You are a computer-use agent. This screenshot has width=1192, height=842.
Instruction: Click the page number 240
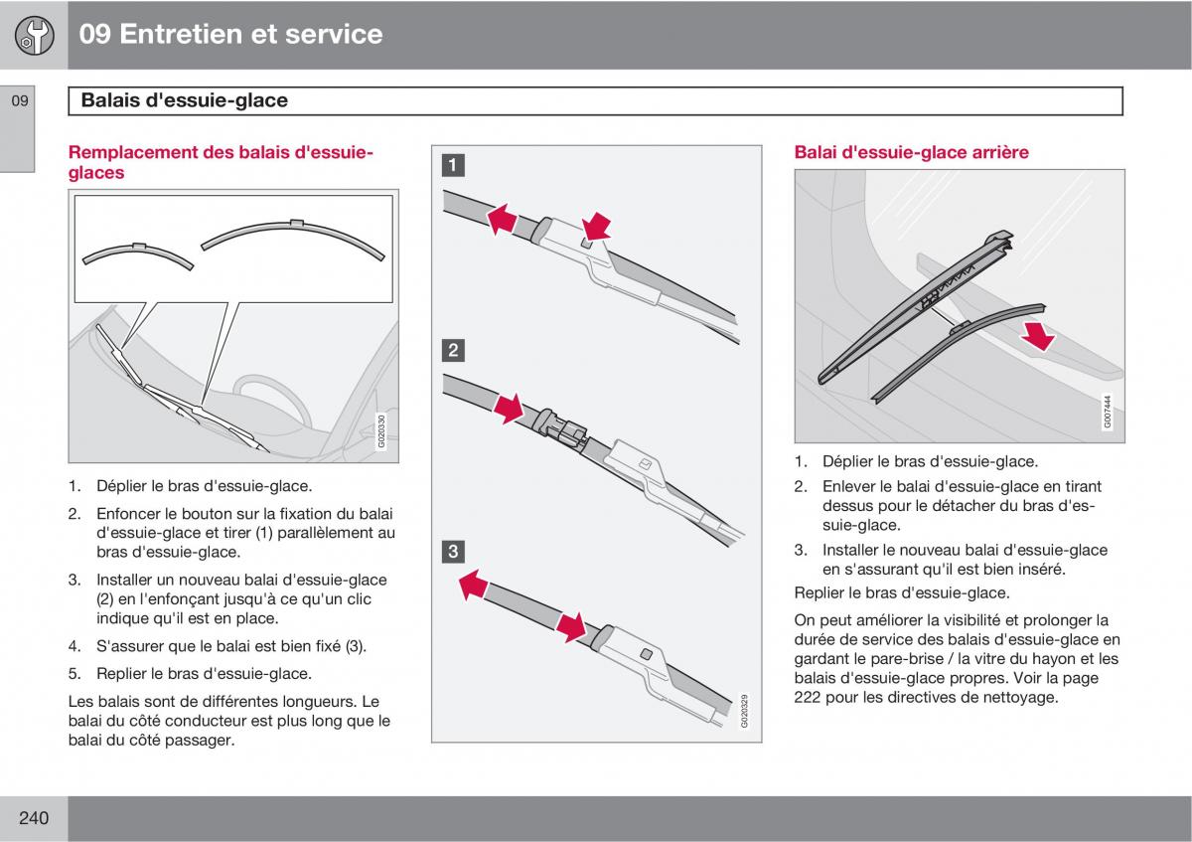click(x=33, y=818)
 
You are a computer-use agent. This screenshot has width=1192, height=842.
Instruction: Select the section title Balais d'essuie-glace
click(x=185, y=100)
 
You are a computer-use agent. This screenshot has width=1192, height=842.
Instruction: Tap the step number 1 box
click(x=453, y=166)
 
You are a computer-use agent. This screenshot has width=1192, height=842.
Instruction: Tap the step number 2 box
click(x=453, y=350)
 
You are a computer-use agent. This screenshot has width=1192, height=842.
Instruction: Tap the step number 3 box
click(x=453, y=552)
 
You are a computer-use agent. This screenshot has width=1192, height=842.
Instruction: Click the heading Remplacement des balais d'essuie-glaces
click(x=221, y=162)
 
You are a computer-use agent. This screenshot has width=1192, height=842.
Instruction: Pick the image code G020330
click(x=382, y=431)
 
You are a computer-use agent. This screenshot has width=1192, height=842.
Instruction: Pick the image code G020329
click(x=745, y=712)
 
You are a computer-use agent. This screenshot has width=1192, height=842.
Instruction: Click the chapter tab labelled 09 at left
click(x=20, y=100)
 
